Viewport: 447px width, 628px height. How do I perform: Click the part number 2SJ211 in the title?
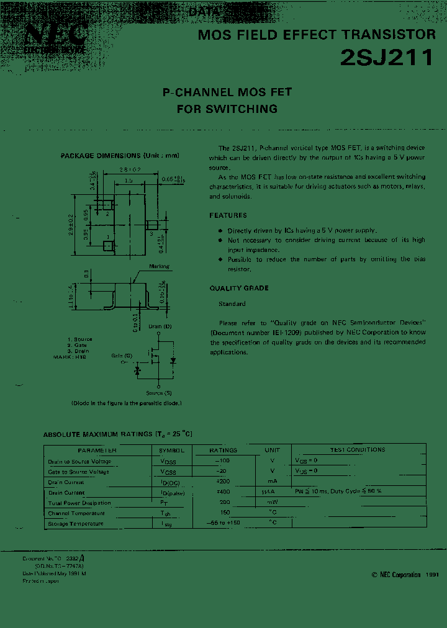386,58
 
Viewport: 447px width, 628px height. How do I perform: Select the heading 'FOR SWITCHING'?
227,109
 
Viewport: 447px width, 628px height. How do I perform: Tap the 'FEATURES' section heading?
228,215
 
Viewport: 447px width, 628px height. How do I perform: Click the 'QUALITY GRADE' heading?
239,288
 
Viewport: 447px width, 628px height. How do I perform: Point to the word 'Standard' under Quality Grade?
232,304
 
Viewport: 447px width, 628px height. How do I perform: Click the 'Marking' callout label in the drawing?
160,266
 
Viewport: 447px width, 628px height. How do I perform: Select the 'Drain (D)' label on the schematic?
160,326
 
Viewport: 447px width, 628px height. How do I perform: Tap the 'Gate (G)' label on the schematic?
122,356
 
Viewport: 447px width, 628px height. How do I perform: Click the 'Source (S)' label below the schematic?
159,393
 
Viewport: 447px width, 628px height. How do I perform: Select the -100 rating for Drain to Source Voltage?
222,461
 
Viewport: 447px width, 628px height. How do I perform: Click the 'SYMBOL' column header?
171,450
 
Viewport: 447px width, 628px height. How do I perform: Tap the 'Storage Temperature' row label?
76,524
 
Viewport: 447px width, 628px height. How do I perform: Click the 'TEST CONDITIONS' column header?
357,450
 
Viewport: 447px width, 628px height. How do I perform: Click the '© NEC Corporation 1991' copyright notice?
405,575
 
